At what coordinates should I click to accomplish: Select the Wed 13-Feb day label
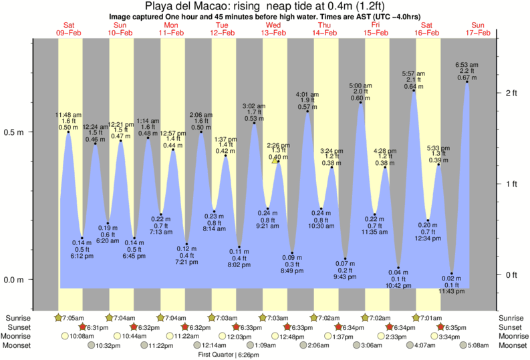coord(274,29)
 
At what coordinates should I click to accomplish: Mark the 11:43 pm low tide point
coord(452,273)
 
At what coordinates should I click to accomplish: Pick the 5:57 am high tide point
coord(414,89)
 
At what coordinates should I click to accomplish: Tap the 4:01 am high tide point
coord(307,111)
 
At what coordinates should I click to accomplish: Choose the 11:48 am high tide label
coord(68,121)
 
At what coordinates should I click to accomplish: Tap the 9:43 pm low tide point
coord(346,258)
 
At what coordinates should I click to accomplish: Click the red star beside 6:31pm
coord(83,327)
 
